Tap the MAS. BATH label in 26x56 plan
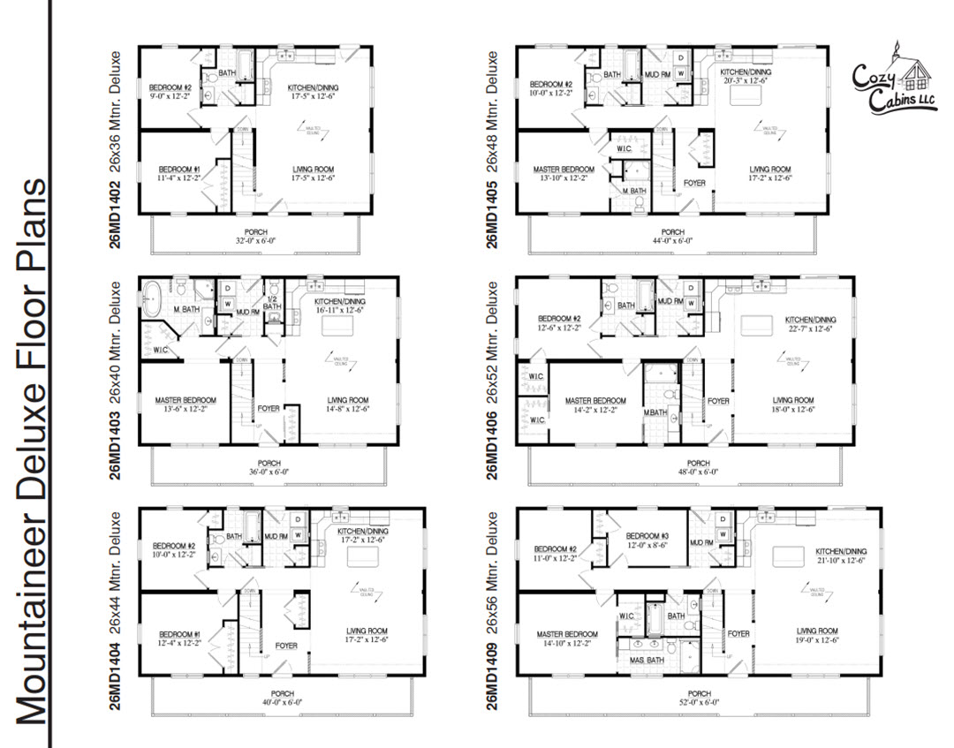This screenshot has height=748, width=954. [647, 660]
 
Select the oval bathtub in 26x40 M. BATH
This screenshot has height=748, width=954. [152, 293]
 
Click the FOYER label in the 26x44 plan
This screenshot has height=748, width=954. [285, 646]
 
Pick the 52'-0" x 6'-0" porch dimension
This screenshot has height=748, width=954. [699, 704]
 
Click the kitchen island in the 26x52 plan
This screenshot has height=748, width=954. [757, 324]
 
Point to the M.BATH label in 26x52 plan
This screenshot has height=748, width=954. [655, 413]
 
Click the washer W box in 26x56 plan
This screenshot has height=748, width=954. [723, 534]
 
